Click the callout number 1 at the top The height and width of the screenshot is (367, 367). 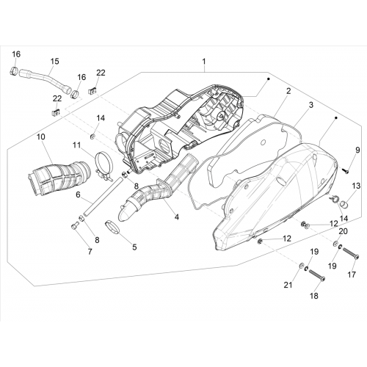click(x=204, y=62)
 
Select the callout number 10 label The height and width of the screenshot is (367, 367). click(x=41, y=137)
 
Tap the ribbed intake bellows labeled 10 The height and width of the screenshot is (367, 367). click(x=59, y=176)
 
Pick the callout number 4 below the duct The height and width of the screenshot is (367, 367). click(x=176, y=217)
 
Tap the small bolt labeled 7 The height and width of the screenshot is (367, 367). click(x=75, y=225)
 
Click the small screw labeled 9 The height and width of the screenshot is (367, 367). click(x=346, y=171)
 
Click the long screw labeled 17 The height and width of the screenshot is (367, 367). click(x=351, y=252)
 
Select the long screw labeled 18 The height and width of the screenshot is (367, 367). click(x=317, y=275)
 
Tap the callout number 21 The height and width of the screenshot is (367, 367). click(x=288, y=285)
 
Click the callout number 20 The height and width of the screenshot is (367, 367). click(x=343, y=231)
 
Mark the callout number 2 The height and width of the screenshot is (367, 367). click(x=288, y=91)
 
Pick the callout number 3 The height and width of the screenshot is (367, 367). click(x=310, y=105)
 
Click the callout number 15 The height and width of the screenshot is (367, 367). click(x=55, y=61)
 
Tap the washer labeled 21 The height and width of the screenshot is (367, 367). click(x=302, y=265)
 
